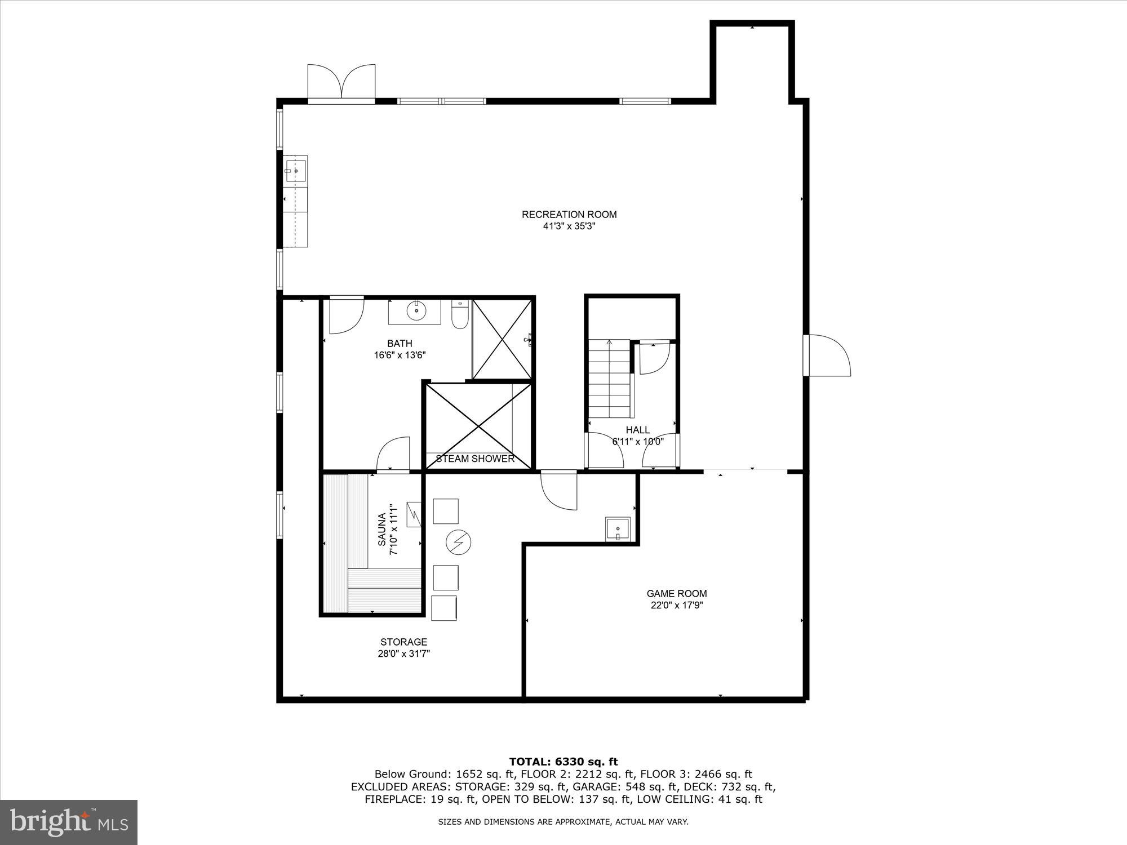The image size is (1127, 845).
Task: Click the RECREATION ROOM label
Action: coord(569,214)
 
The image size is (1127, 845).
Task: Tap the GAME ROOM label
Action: coord(676,593)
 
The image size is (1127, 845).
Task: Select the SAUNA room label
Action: coord(382,529)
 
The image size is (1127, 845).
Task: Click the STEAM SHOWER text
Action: coord(475,459)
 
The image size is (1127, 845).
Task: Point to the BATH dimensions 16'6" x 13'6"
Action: coord(400,355)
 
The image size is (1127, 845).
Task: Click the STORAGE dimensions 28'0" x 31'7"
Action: coord(403,654)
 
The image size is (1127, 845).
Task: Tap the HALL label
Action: coord(637,430)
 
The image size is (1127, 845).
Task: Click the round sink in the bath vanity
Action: coord(416,310)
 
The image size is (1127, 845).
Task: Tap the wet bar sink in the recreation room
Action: coord(295,170)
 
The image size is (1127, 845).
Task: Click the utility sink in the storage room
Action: coord(618,529)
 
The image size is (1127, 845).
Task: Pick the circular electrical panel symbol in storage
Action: coord(459,542)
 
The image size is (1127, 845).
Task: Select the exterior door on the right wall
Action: coord(827,355)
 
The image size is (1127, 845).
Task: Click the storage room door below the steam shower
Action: coord(560,490)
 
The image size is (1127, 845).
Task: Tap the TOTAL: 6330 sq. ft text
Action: coord(563,762)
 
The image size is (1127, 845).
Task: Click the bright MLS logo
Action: coord(68,822)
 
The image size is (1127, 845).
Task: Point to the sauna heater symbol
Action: coord(414,513)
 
